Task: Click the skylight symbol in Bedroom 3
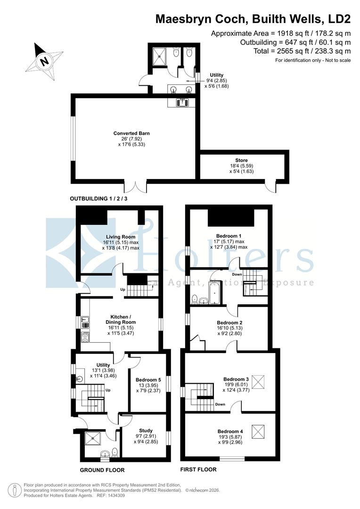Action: coord(259,381)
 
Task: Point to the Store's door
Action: coord(270,187)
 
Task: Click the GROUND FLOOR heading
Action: coord(102,470)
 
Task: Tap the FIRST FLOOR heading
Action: coord(198,470)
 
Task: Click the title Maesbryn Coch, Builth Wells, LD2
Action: coord(253,19)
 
